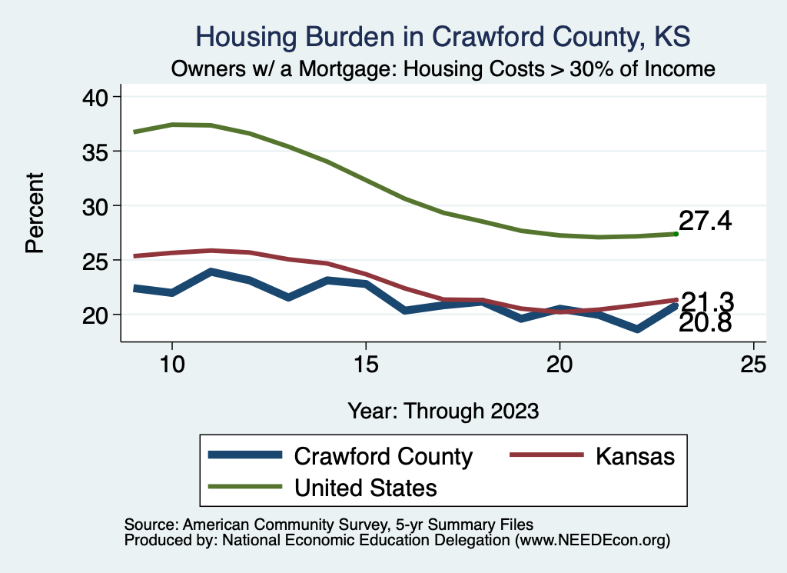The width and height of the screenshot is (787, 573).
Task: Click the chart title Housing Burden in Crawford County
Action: coord(443,36)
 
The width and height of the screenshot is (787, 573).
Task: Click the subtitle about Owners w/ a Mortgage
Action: coord(443,69)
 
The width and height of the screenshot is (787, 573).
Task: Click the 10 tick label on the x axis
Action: coord(171,364)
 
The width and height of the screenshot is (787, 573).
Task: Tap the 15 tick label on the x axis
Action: coord(365,364)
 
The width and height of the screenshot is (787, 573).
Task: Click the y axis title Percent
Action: coord(34,212)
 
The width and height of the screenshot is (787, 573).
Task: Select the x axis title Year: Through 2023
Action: coord(443,410)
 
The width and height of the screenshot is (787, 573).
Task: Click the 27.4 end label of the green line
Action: coord(705,222)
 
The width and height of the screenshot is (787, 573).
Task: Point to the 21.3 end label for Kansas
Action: coord(708,301)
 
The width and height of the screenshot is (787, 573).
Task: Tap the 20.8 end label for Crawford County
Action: coord(705,324)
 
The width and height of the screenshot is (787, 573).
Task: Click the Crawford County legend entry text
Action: coord(384,456)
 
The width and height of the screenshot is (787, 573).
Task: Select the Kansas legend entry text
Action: coord(634,456)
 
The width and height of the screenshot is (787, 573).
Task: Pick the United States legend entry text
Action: coord(366,487)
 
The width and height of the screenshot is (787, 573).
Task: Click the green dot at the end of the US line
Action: coord(676,234)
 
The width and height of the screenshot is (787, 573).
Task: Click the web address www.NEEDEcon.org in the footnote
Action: coord(591,541)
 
